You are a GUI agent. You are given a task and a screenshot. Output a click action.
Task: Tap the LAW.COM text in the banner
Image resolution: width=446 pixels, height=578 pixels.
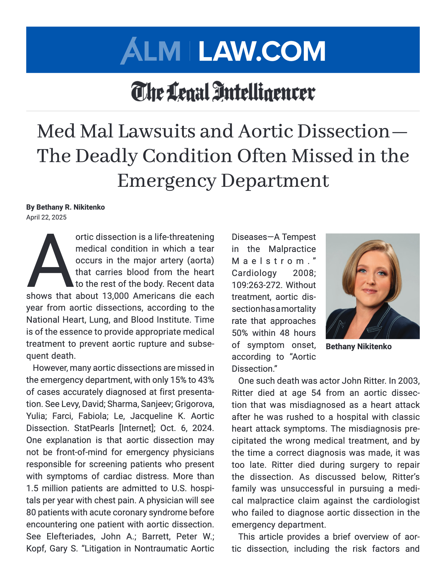(262, 51)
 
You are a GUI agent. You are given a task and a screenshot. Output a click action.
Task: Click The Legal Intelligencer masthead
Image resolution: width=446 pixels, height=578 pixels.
(223, 92)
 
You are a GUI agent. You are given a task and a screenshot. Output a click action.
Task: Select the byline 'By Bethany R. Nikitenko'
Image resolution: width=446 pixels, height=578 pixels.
(65, 207)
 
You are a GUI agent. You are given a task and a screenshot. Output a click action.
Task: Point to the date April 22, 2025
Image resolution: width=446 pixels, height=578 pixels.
(46, 217)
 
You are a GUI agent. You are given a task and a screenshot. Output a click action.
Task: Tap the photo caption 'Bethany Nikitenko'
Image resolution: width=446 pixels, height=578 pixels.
(358, 346)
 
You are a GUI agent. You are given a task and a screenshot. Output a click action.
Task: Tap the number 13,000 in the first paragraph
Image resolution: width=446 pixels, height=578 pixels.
(115, 296)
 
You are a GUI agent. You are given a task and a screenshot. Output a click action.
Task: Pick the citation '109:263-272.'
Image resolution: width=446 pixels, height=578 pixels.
(258, 285)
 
